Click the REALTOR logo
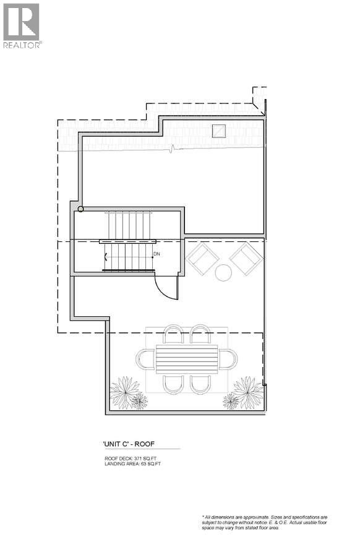coord(22,25)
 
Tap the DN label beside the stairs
coord(157,254)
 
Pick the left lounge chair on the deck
coord(202,258)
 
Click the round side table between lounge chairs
coord(223,272)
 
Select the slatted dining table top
coord(187,359)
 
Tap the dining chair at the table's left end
coord(145,359)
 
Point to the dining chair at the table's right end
coord(228,359)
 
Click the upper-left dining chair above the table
coord(173,334)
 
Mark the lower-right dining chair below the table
coord(200,384)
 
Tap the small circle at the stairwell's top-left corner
coord(80,210)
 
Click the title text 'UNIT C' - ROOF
coord(132,444)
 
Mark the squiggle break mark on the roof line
coord(173,148)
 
